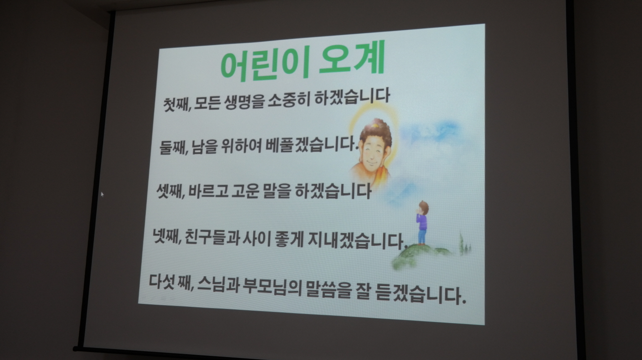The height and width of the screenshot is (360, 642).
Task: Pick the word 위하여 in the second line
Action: [241, 146]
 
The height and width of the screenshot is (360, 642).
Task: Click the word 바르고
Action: [208, 191]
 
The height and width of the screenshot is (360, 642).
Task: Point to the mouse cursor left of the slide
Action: [102, 194]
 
